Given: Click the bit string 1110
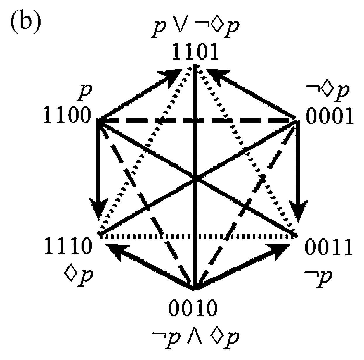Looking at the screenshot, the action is tap(68, 246).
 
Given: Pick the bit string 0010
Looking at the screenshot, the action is tap(193, 308).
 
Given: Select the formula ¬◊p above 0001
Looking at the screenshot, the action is tap(328, 92).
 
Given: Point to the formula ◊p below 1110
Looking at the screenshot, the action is tap(78, 276).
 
